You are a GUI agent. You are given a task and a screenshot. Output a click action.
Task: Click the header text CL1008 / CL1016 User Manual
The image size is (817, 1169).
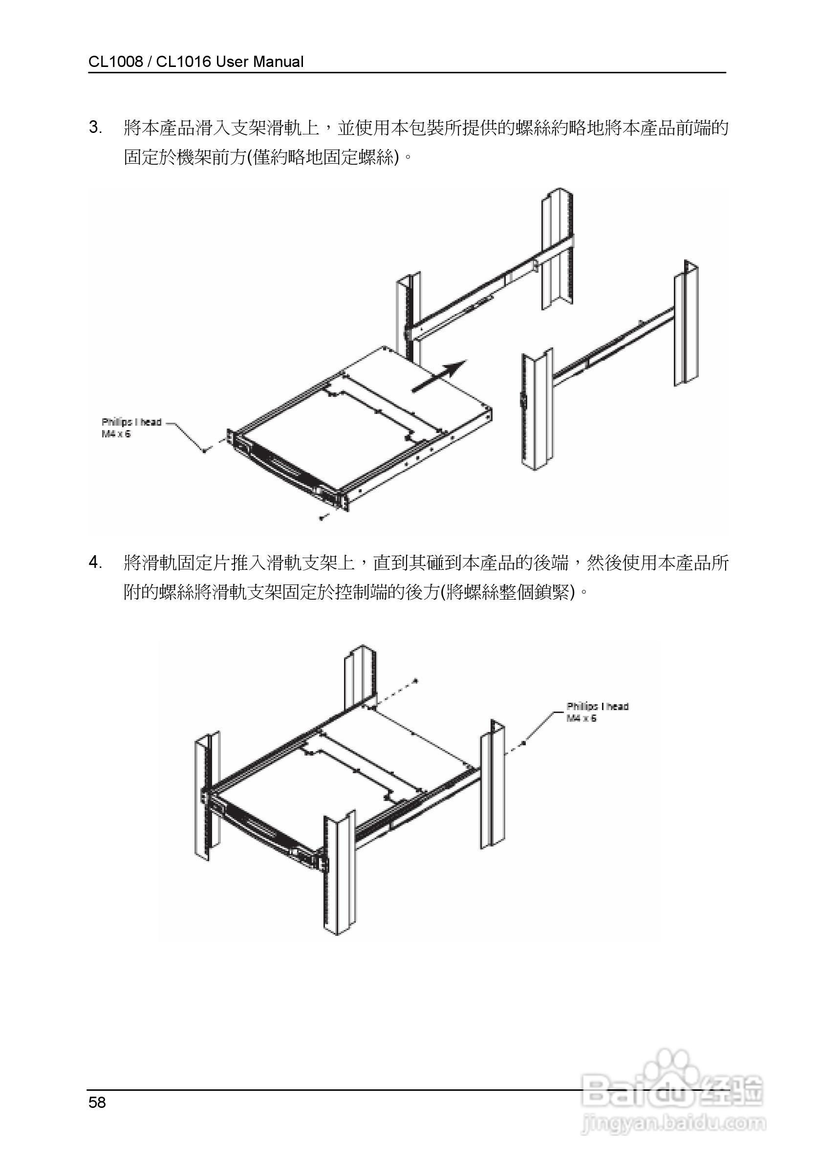195,62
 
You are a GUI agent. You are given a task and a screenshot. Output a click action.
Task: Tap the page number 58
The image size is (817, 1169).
97,1103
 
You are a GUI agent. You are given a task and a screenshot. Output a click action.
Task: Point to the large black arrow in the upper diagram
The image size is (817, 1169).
439,376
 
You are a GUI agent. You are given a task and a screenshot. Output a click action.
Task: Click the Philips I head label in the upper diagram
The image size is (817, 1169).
131,422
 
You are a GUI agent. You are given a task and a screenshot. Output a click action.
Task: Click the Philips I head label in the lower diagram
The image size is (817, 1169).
598,706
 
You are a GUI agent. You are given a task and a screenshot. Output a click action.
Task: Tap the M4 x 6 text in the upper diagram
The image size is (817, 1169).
116,434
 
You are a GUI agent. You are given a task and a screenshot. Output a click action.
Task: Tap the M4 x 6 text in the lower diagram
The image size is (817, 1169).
581,718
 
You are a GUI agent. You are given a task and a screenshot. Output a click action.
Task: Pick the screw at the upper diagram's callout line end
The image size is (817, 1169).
205,451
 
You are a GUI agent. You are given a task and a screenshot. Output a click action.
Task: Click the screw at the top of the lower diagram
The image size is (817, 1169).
415,680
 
